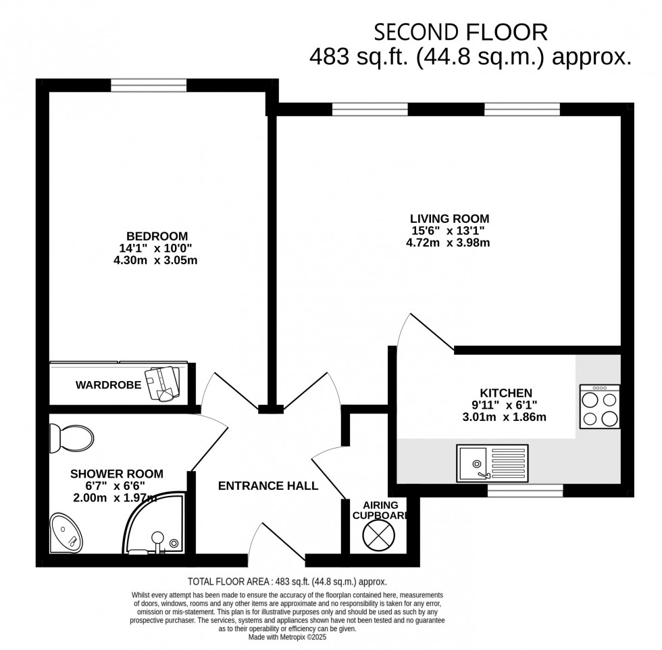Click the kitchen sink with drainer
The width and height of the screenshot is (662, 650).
pos(492,463)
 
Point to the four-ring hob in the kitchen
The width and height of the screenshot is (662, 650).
pos(600,407)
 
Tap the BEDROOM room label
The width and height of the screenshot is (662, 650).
pos(157,236)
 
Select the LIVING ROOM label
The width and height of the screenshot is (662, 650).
pos(449,218)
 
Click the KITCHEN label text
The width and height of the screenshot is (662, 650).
pos(506,393)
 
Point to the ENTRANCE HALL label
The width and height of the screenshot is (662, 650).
pos(268,486)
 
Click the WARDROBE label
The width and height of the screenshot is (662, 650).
pos(108,385)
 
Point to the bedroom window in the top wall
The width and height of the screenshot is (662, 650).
pos(149,85)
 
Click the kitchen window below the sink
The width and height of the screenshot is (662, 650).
pos(525,490)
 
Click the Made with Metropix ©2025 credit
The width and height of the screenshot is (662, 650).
pos(286,636)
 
